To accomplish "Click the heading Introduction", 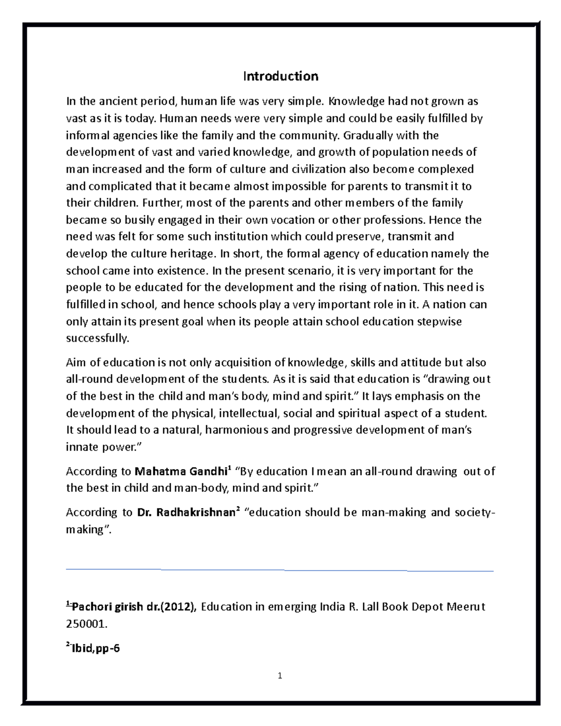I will click(x=280, y=76).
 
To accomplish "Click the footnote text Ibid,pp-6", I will click(x=96, y=648).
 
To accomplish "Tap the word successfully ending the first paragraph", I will click(x=97, y=338).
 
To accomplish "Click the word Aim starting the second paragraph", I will click(x=77, y=362).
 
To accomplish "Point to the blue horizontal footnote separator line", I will click(x=280, y=570).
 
